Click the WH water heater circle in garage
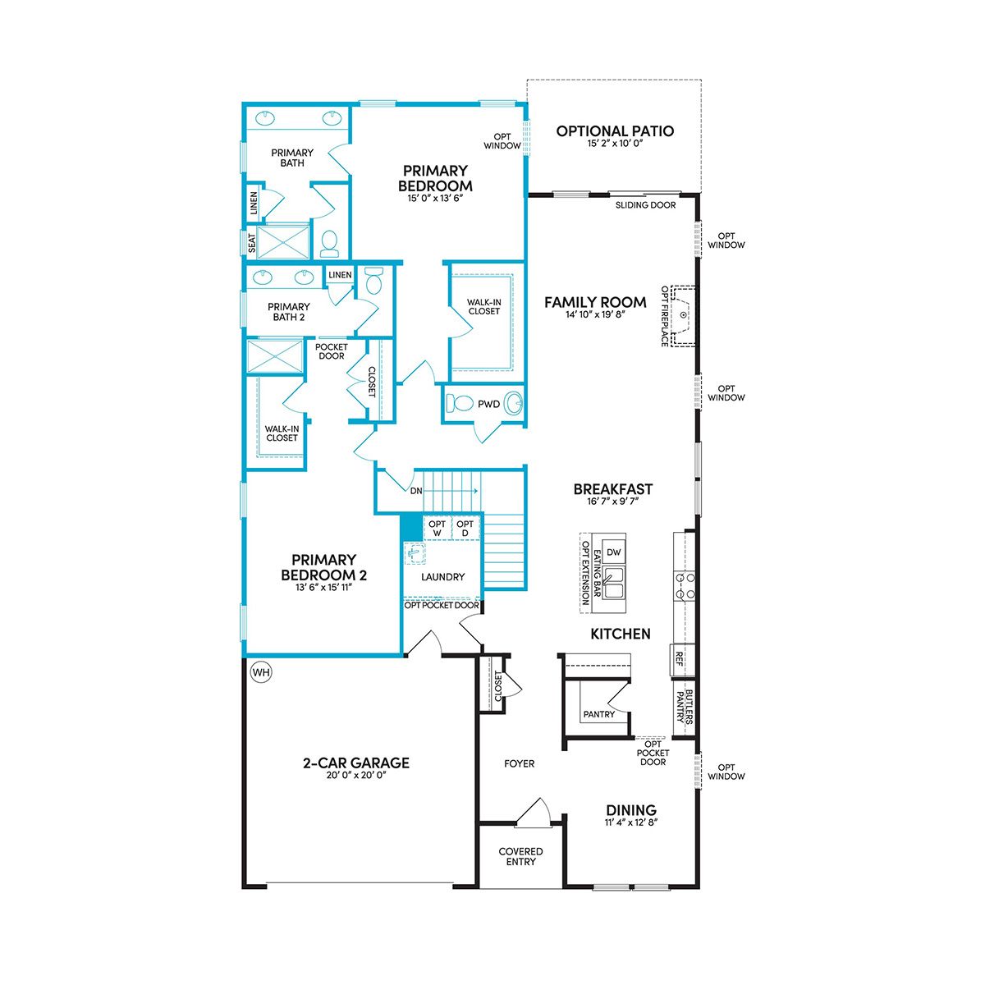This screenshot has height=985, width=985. (261, 671)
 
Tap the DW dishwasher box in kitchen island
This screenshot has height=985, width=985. (613, 552)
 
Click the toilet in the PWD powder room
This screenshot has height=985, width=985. (460, 404)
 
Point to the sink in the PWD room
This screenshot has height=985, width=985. (513, 404)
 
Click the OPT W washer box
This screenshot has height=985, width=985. (437, 528)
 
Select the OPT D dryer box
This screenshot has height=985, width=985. (465, 528)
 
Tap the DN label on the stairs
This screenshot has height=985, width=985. (416, 491)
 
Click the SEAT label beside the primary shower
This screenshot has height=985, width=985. (251, 243)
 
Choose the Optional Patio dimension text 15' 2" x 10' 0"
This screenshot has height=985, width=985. (615, 144)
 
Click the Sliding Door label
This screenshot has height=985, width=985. (645, 205)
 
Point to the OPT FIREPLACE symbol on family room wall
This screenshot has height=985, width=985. (683, 315)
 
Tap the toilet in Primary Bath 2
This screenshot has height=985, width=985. (374, 282)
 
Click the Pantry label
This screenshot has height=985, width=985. (598, 714)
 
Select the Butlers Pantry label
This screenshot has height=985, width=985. (685, 707)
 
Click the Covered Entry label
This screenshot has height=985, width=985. (520, 856)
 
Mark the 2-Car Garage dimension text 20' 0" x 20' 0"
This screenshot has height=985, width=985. (356, 776)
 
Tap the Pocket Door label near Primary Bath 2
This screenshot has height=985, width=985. (332, 351)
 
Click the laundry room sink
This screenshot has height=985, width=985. (415, 553)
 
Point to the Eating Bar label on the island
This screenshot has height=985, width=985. (597, 574)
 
